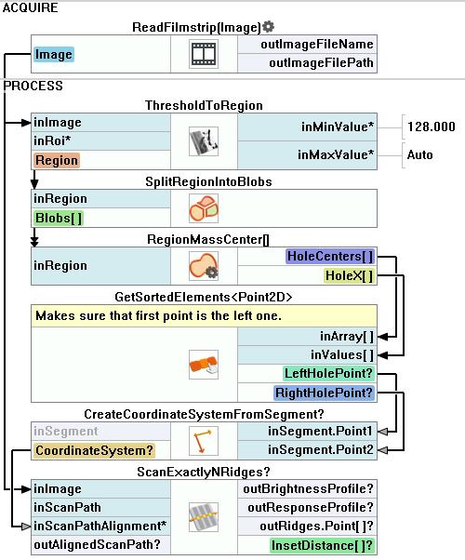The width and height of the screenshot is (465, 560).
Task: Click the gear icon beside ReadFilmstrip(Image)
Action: click(x=268, y=26)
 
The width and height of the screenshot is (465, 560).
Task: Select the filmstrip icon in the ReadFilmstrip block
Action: click(x=204, y=54)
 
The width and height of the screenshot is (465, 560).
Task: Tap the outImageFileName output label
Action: click(x=317, y=45)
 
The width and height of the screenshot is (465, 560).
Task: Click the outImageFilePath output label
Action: click(x=321, y=63)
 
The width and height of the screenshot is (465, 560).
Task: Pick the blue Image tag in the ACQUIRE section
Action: click(x=54, y=54)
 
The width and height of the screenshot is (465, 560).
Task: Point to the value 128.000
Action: click(x=432, y=127)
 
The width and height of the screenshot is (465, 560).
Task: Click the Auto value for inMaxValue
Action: click(x=419, y=155)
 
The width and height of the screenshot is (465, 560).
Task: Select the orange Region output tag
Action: click(x=57, y=160)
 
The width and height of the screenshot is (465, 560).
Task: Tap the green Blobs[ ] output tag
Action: click(x=59, y=218)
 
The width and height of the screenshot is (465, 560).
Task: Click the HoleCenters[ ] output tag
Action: click(x=330, y=257)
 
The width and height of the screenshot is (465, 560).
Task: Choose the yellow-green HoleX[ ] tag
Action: click(x=350, y=275)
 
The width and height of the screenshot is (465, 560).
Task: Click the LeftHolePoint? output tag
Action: click(x=328, y=374)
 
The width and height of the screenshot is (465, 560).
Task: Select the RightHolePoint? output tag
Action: click(x=325, y=393)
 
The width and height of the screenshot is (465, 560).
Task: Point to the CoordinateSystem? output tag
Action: click(x=94, y=450)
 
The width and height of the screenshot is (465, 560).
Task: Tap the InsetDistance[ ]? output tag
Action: click(x=322, y=546)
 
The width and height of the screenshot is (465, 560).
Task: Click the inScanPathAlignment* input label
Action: click(x=100, y=527)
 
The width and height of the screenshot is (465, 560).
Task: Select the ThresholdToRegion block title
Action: click(x=204, y=105)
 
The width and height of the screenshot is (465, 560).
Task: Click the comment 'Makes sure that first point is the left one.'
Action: click(x=159, y=316)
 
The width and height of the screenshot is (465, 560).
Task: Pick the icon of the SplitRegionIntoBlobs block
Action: click(x=204, y=208)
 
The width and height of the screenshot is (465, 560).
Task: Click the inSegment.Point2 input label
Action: click(x=321, y=449)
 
